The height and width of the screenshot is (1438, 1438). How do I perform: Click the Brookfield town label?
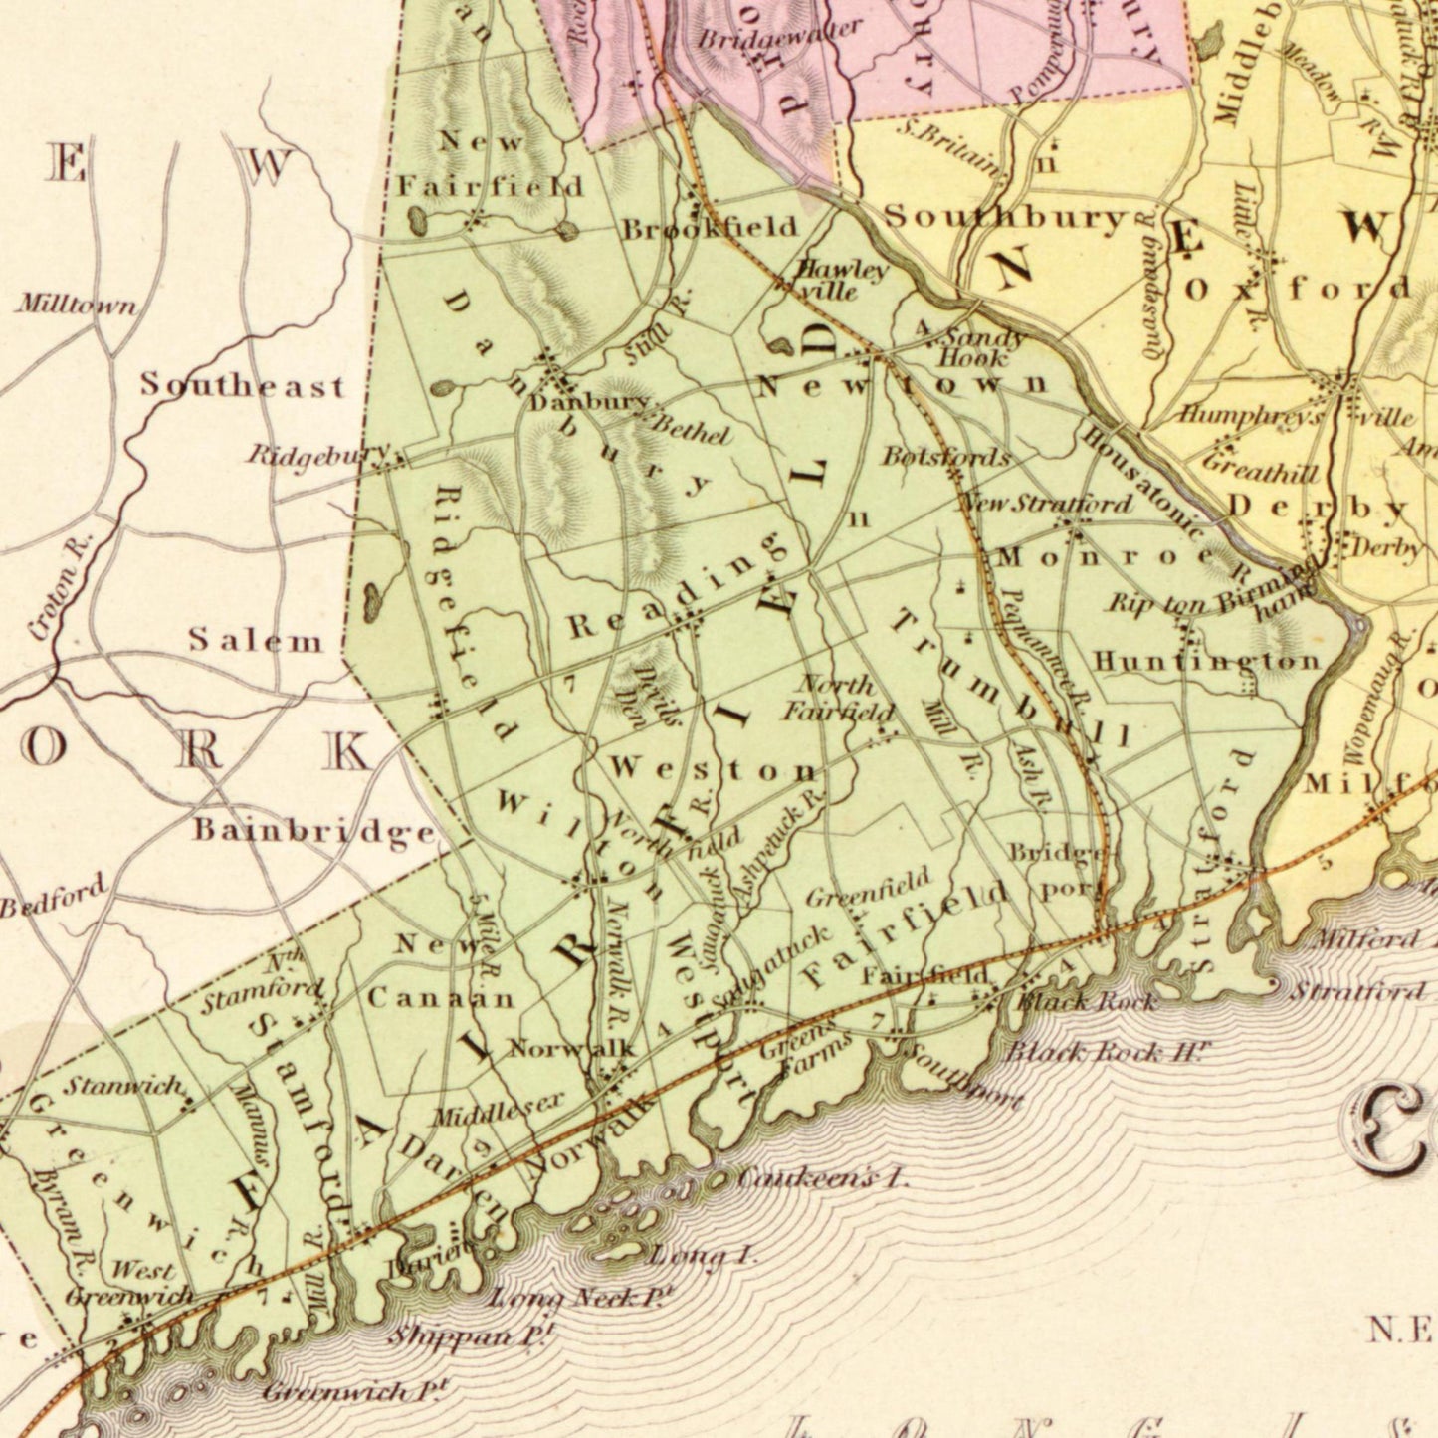point(711,228)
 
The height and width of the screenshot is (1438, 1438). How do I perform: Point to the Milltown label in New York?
point(76,305)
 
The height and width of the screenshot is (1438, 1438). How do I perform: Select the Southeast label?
point(243,385)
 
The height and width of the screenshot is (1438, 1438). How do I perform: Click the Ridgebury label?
point(318,455)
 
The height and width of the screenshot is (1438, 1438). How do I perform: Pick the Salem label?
point(256,641)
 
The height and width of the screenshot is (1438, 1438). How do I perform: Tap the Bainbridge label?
point(314,830)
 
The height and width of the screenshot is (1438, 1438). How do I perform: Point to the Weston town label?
point(714,769)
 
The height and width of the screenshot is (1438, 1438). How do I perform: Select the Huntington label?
point(1207,661)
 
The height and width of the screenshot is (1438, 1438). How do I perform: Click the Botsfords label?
point(945,457)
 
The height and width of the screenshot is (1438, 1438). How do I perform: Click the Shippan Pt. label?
point(470,1335)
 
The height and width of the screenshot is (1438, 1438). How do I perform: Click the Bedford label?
point(53,897)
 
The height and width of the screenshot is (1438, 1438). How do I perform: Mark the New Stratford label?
point(1045,503)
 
